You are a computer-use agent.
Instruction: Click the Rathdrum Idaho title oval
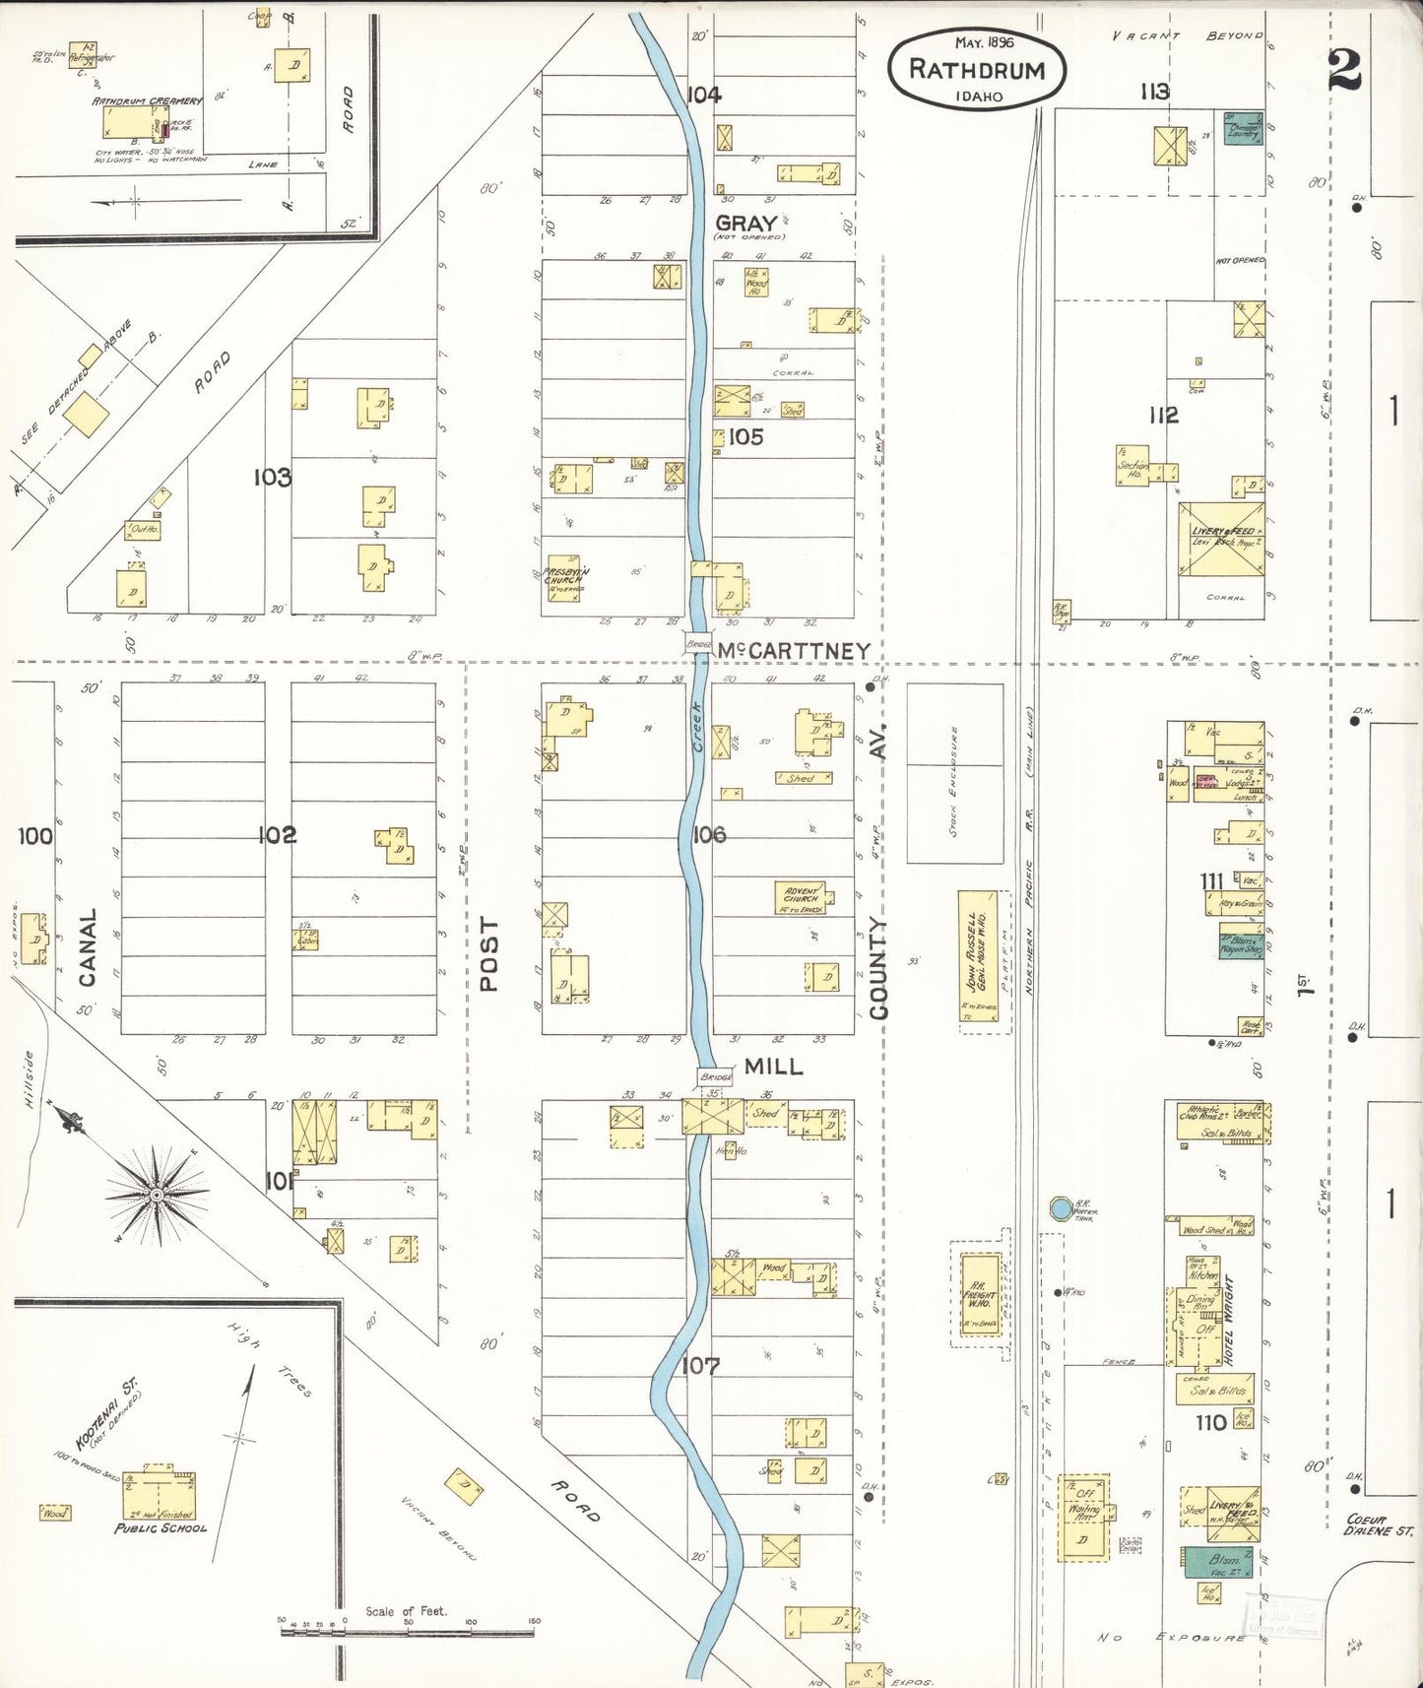coord(976,69)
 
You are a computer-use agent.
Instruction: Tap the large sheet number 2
coord(1344,69)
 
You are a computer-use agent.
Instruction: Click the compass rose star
coord(156,1194)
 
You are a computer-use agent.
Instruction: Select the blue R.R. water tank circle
coord(1060,1207)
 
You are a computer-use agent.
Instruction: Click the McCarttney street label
coord(793,651)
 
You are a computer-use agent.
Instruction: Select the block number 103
coord(272,478)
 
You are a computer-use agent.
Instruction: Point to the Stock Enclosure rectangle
coord(954,773)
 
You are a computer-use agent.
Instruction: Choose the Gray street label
coord(746,224)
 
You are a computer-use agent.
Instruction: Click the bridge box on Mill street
coord(715,1076)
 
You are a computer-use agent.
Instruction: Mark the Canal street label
coord(88,947)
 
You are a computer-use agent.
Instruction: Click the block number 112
coord(1163,416)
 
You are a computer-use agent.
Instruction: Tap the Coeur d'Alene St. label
coord(1379,1525)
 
